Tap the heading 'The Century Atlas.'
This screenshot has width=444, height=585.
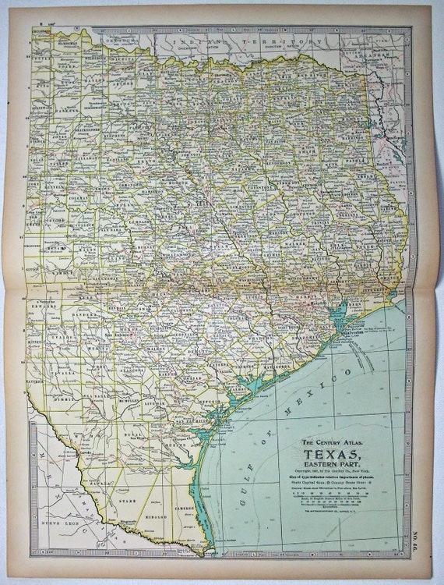point(337,442)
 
